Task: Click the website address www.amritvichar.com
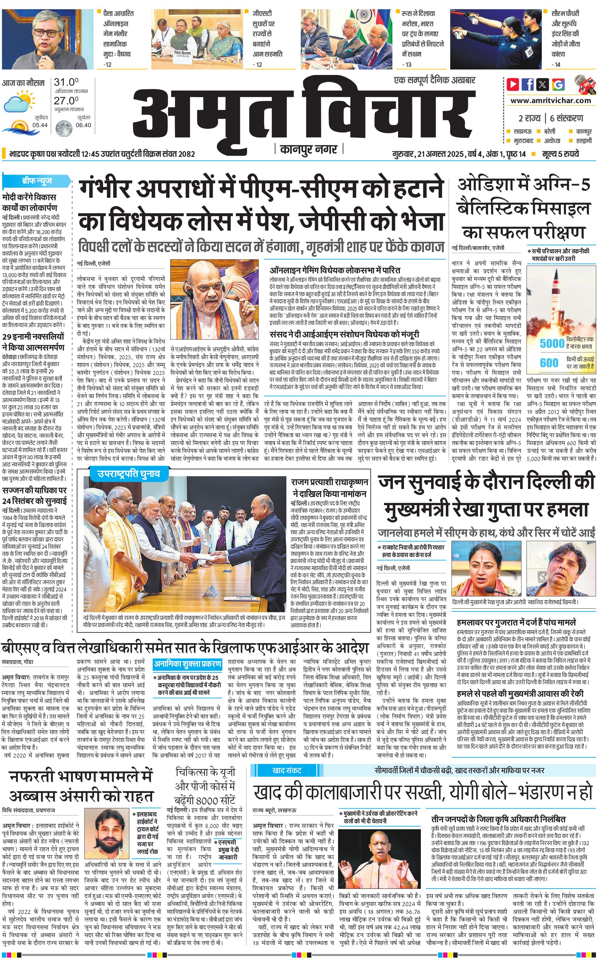click(x=551, y=101)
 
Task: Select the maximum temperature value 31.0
click(x=66, y=82)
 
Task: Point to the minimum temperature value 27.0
click(x=66, y=101)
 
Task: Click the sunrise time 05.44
click(x=40, y=125)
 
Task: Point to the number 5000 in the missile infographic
click(x=552, y=343)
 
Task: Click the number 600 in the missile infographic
click(x=549, y=362)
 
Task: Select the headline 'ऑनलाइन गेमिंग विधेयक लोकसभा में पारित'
click(x=335, y=271)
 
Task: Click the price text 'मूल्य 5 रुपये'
click(x=561, y=154)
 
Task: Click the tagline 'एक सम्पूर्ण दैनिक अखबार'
click(x=435, y=80)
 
